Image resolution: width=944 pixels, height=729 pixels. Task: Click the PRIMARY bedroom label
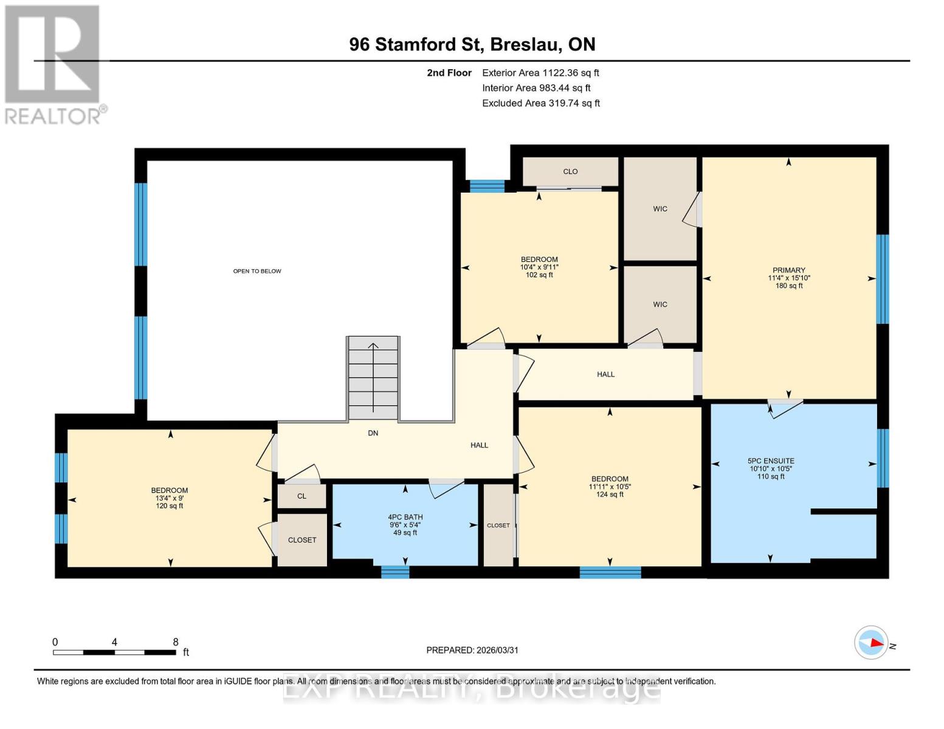(788, 270)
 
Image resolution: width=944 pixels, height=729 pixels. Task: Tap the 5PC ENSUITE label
(771, 461)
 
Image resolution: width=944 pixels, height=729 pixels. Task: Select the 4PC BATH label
(405, 517)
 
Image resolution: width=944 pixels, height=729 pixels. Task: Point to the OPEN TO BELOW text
(257, 271)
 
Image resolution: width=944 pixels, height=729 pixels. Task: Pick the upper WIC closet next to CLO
(660, 209)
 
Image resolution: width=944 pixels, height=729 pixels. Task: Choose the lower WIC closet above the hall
(660, 304)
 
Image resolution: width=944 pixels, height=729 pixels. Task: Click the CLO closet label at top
(570, 171)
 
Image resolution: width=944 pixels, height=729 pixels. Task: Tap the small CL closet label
(302, 496)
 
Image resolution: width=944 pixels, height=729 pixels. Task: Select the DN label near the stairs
(373, 433)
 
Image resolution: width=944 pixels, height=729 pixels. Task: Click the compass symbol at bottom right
(872, 643)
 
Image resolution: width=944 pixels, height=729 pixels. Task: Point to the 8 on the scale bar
(176, 642)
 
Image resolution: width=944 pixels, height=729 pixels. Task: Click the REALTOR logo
(53, 64)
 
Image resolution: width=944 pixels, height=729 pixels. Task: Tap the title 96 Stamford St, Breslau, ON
(472, 44)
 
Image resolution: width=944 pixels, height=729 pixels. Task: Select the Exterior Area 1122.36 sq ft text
(540, 73)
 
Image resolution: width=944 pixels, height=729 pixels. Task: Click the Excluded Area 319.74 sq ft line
(541, 103)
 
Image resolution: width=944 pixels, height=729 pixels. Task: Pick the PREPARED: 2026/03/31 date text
(472, 650)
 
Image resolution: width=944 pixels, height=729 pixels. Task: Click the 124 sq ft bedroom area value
(610, 495)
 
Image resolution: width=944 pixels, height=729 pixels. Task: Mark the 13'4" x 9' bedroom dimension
(170, 498)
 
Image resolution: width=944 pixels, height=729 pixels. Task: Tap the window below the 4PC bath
(395, 572)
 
